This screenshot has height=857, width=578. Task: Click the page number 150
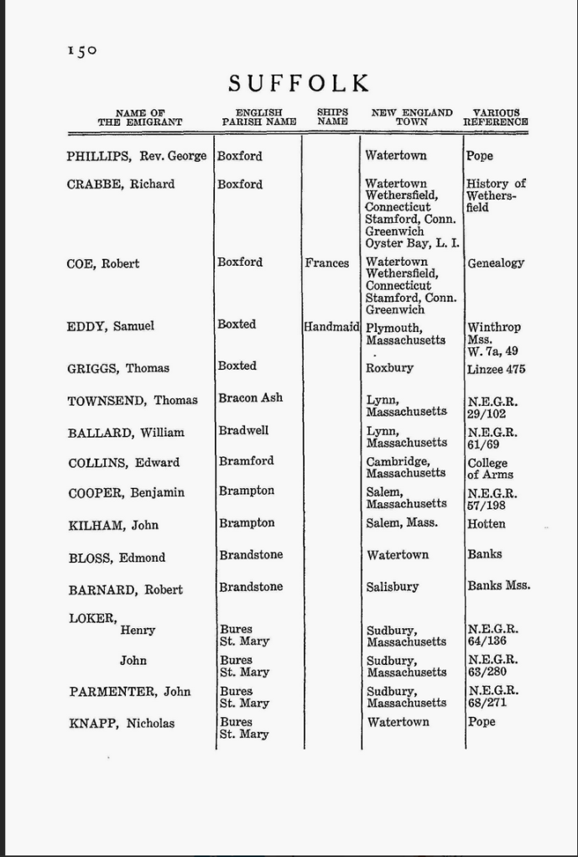pos(82,51)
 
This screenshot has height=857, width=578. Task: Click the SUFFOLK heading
pos(299,83)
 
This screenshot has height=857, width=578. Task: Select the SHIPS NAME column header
pos(332,117)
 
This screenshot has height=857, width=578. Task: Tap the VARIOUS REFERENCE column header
pos(496,117)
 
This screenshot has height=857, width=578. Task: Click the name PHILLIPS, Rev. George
pos(136,156)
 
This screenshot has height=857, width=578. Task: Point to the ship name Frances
pos(327,263)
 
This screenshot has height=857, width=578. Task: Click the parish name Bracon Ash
pos(251,397)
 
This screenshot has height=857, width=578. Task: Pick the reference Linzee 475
pos(496,368)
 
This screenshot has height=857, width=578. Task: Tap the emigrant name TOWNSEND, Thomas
pos(133,401)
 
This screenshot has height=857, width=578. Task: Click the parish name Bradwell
pos(243,430)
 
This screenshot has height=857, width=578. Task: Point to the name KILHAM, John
pos(113,526)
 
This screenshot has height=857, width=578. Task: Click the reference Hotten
pos(487,524)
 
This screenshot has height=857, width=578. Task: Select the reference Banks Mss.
pos(498,586)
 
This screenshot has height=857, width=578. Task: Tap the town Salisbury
pos(393,587)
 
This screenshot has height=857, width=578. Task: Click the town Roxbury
pos(389,368)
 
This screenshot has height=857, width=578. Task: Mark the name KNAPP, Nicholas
pos(122,723)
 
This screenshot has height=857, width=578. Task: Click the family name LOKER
pos(92,618)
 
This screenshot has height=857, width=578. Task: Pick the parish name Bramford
pos(246,460)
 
